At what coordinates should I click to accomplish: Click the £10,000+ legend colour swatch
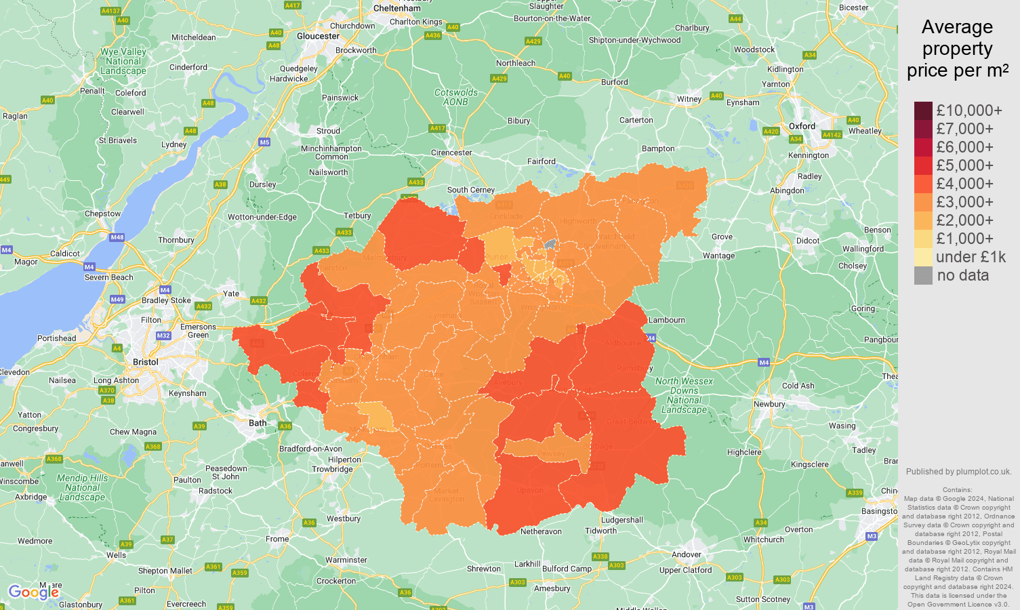pos(923,110)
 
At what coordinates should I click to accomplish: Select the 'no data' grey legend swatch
pos(923,275)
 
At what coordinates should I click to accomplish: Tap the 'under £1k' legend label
pos(971,257)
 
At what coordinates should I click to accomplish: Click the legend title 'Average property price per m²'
pos(957,49)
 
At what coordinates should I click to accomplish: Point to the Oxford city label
pos(802,126)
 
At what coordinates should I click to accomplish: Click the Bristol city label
pos(146,362)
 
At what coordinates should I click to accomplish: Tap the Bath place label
pos(258,423)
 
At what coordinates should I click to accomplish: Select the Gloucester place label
pos(318,36)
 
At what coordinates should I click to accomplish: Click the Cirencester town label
pos(451,152)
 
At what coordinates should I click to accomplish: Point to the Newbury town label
pos(769,404)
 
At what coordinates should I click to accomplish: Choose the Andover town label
pos(687,554)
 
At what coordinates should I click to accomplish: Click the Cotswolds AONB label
pos(456,97)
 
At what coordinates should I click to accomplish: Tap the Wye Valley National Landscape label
pos(123,61)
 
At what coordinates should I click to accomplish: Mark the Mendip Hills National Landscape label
pos(82,487)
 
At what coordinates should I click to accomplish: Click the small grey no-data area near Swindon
pos(550,243)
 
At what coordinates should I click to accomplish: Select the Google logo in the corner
pos(33,592)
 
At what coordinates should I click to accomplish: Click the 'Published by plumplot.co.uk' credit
pos(958,472)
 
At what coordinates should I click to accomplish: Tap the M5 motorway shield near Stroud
pos(264,142)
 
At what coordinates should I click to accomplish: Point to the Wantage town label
pos(718,256)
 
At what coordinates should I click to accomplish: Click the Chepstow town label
pos(103,213)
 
